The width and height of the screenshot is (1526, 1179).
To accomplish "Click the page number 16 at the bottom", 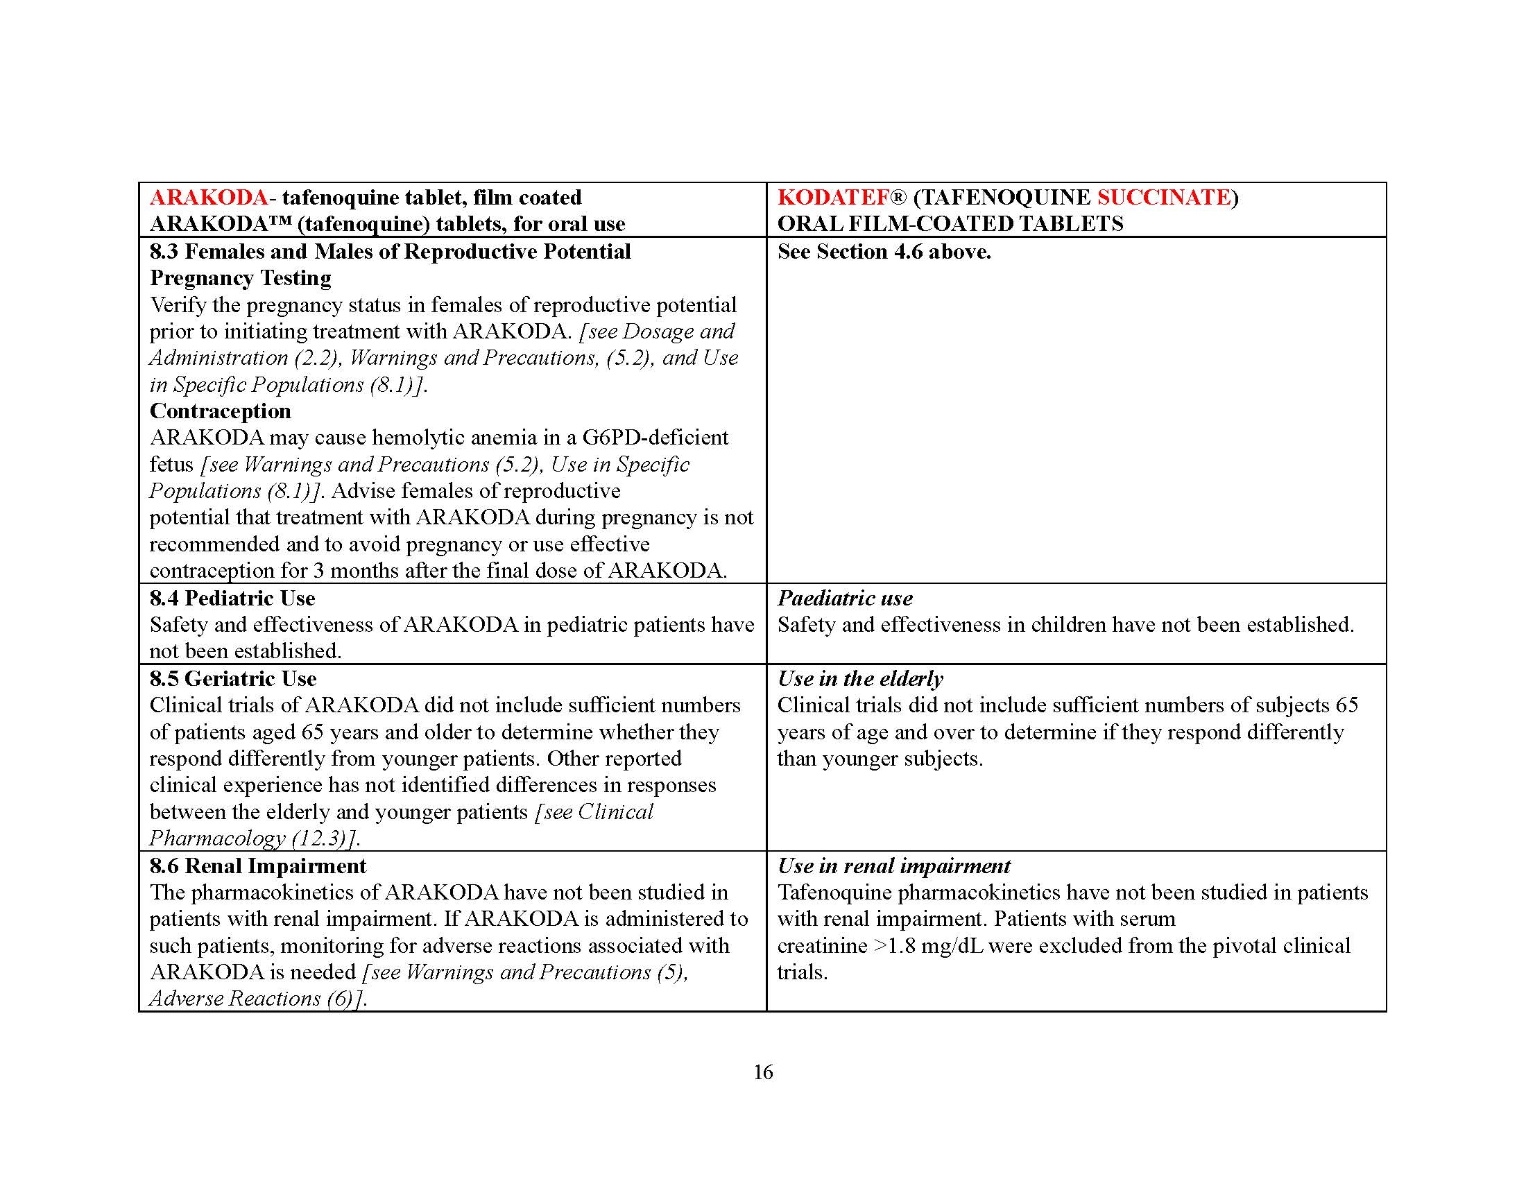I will (763, 1072).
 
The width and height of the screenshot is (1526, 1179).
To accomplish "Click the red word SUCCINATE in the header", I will (1163, 198).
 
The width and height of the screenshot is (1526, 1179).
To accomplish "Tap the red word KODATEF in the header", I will (833, 198).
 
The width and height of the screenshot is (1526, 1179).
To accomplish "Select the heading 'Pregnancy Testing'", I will (241, 278).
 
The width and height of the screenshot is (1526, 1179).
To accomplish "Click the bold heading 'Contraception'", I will (220, 411).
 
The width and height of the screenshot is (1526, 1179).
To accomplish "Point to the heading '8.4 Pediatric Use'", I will (232, 598).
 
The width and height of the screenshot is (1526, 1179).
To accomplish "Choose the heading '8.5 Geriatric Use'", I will (232, 678).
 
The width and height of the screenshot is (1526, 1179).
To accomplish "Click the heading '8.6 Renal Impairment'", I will (258, 866).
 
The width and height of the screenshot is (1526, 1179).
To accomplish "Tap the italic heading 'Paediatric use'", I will (845, 598).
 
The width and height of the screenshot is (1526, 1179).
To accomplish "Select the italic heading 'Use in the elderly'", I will (860, 678).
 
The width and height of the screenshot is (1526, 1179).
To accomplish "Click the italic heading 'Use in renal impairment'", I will (893, 866).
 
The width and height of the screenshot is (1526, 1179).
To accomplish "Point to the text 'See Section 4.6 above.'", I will (884, 252).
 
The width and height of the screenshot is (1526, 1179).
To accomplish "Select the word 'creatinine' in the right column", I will (822, 946).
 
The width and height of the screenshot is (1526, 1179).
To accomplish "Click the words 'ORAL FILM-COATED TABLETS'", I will (950, 224).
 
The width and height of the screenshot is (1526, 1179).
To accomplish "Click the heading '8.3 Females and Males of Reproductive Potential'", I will (390, 252).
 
